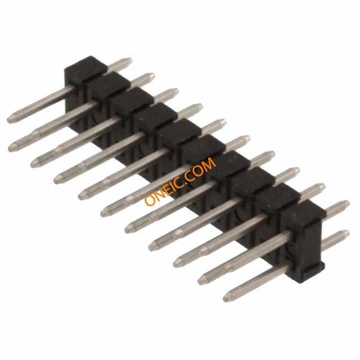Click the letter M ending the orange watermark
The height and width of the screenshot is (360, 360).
point(209,164)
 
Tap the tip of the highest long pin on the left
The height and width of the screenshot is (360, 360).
point(8,120)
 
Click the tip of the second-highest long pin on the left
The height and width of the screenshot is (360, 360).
point(10,148)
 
